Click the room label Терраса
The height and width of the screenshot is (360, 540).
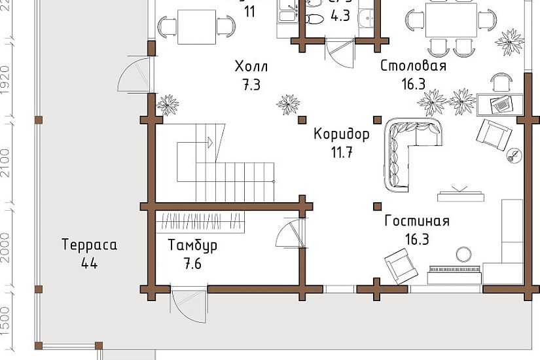(x=89, y=245)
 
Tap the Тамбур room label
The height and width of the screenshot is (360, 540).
(x=192, y=246)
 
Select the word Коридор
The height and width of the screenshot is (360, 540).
(x=342, y=134)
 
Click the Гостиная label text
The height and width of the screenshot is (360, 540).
(x=416, y=221)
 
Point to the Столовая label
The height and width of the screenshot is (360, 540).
(x=413, y=66)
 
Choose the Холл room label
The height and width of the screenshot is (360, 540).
(x=251, y=66)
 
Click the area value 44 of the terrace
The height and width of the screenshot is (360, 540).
(x=89, y=264)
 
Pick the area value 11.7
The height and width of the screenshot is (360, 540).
(x=342, y=153)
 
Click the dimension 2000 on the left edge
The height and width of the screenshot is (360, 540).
(x=5, y=247)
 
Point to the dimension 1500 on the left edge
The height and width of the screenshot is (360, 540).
(x=5, y=320)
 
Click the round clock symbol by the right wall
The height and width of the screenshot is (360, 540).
(x=514, y=156)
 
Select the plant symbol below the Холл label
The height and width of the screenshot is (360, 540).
(x=287, y=104)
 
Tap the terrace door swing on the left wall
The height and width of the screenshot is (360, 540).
(x=134, y=75)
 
